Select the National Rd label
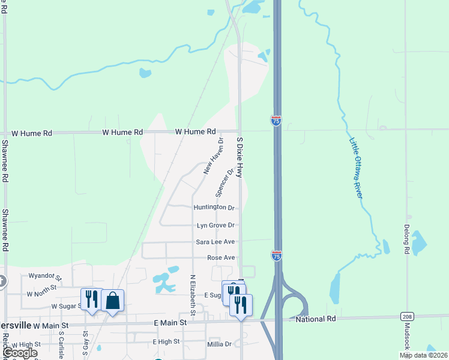[x=316, y=319]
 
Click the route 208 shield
[x=406, y=316]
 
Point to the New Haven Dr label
[x=213, y=156]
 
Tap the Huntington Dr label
[x=214, y=208]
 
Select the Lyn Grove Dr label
[x=215, y=225]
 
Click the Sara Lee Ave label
[x=215, y=242]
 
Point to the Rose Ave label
[x=220, y=257]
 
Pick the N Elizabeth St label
[x=193, y=295]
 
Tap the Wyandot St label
[x=45, y=277]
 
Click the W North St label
[x=41, y=294]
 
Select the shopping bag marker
[x=112, y=300]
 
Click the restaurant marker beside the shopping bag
[x=91, y=299]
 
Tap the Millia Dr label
[x=218, y=344]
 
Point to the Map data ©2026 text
[x=423, y=355]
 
